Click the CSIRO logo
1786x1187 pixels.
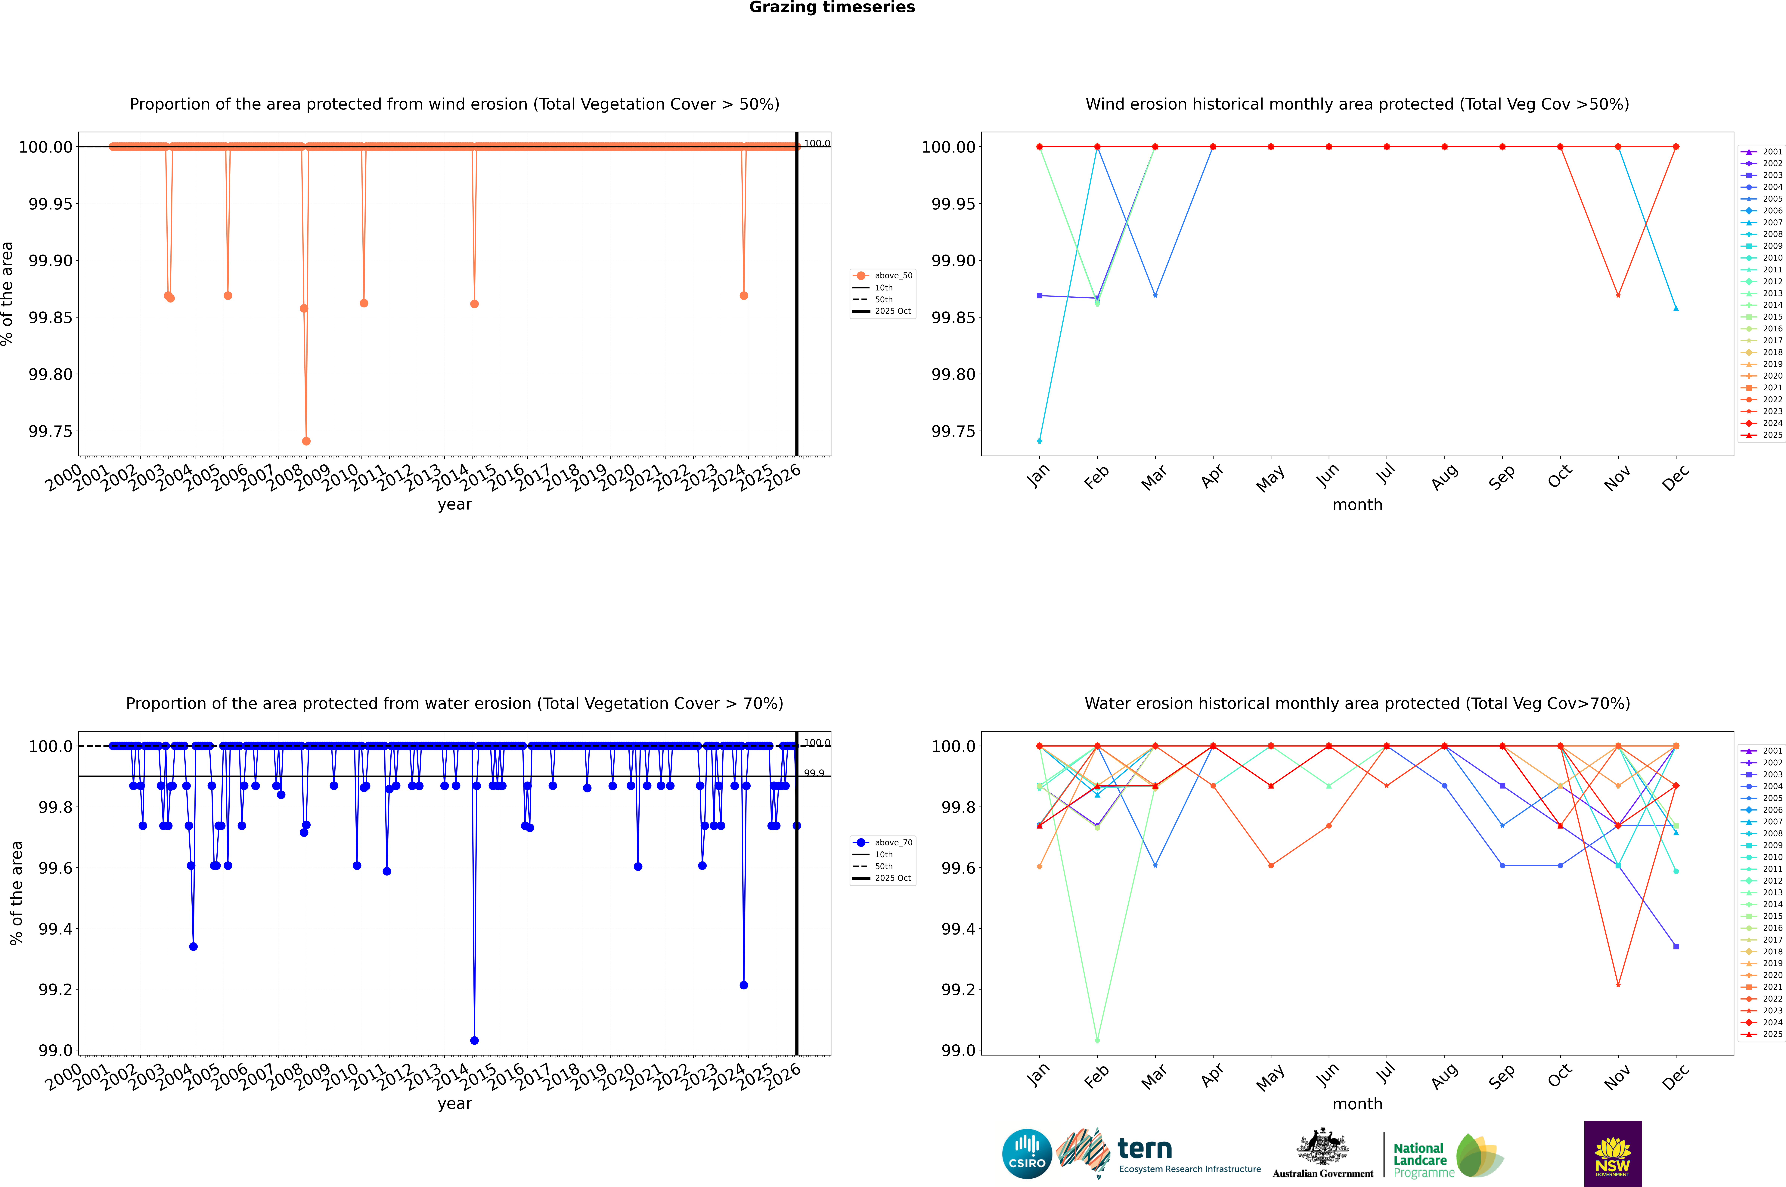(1027, 1154)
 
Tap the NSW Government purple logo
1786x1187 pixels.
(1613, 1154)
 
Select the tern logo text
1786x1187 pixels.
(1145, 1149)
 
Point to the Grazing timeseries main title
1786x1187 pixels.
(832, 8)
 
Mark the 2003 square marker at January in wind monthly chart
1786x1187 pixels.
(1040, 295)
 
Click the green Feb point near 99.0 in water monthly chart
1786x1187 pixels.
(1097, 1040)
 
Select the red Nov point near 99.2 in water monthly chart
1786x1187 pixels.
(1618, 985)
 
